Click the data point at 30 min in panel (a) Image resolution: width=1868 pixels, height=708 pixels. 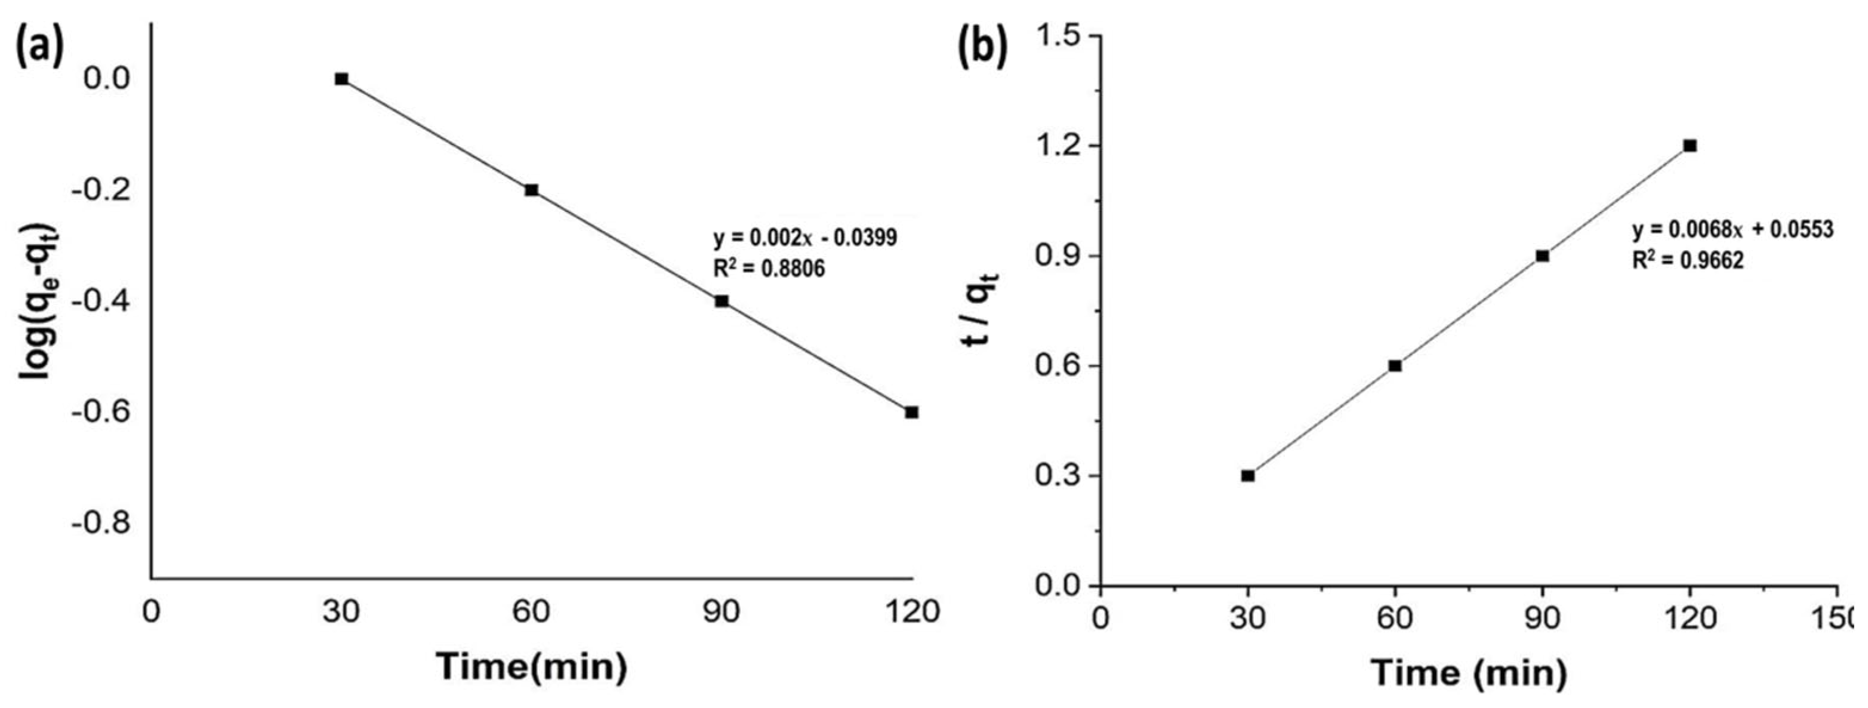point(341,79)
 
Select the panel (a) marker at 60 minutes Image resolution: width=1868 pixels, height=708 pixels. point(532,190)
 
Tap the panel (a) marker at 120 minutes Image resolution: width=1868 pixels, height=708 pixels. point(911,412)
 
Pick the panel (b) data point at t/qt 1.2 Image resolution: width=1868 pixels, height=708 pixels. point(1690,146)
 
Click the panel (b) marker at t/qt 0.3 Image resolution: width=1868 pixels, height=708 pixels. point(1247,476)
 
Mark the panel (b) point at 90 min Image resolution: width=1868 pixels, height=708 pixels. point(1542,256)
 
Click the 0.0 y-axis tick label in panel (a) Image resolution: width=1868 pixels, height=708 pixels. point(107,78)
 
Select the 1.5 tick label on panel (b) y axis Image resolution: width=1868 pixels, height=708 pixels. point(1059,36)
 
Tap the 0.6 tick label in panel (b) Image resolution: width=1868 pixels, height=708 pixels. point(1059,365)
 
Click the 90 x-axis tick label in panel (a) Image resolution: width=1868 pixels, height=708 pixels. point(722,611)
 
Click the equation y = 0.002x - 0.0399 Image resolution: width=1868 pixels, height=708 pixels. point(805,238)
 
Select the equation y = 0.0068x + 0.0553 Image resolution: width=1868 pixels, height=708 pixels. point(1733,230)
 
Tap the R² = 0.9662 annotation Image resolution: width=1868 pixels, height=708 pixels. point(1687,261)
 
